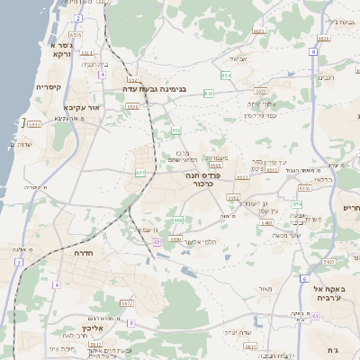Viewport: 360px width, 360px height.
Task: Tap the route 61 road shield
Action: point(315,317)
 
